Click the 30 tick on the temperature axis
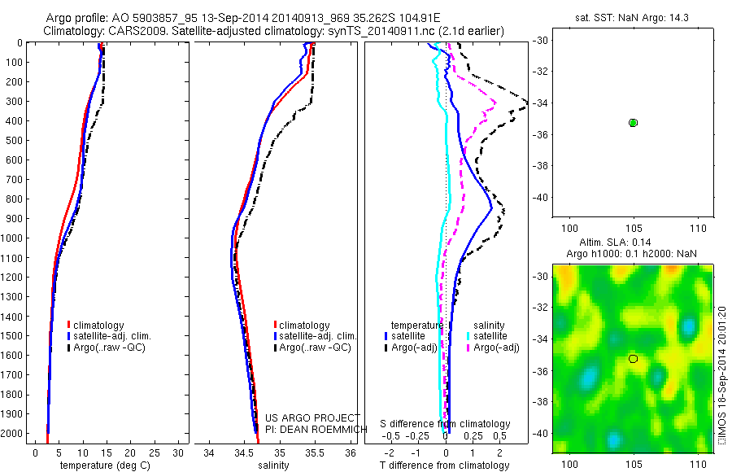(178, 452)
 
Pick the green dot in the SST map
(633, 122)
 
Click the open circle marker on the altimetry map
(633, 358)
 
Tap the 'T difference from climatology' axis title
(446, 465)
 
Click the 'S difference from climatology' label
(446, 424)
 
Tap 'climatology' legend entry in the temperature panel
(99, 326)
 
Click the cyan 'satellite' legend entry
(490, 335)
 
